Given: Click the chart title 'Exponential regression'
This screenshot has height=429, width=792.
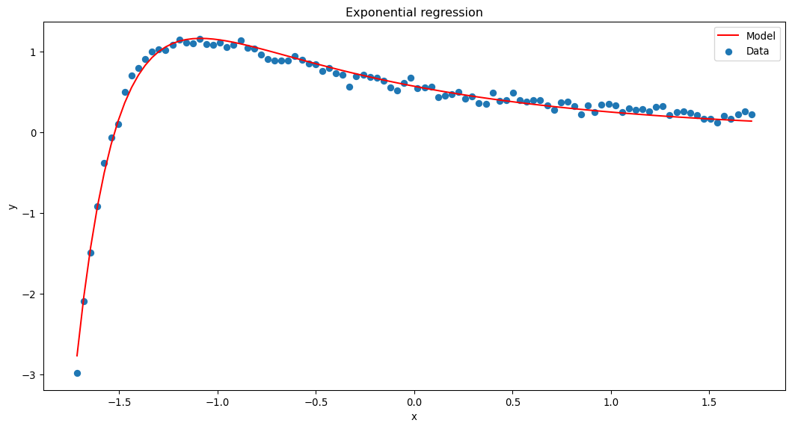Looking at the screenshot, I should [x=414, y=12].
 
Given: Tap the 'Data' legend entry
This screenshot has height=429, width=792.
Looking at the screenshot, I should [x=757, y=51].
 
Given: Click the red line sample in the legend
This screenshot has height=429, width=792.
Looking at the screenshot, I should [x=730, y=36].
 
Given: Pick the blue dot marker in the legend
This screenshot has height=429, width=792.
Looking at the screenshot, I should [x=730, y=51].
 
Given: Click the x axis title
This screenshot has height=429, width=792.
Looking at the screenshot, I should [x=414, y=416].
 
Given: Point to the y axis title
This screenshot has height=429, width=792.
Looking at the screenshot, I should [x=12, y=206].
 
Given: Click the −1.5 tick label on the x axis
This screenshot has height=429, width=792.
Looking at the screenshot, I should [x=117, y=402].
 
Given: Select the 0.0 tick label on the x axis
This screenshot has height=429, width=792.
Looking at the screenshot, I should [x=414, y=402].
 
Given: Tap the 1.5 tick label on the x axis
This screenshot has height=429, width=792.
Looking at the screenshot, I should [x=710, y=402].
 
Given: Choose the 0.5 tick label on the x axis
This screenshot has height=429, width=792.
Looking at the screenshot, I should [x=513, y=402].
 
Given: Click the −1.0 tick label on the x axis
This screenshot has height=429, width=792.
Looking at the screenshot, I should [x=216, y=402].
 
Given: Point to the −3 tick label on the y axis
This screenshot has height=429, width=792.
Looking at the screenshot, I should [x=29, y=374].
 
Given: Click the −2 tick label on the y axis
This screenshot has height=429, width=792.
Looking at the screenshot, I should [x=29, y=294].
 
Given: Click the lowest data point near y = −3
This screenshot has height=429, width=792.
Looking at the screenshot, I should [x=77, y=373].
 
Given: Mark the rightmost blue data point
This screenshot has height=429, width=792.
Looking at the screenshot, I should [x=752, y=114].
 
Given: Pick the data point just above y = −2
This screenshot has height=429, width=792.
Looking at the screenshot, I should [x=84, y=301].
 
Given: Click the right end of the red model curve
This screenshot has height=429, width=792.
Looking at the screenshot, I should [x=752, y=121].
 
